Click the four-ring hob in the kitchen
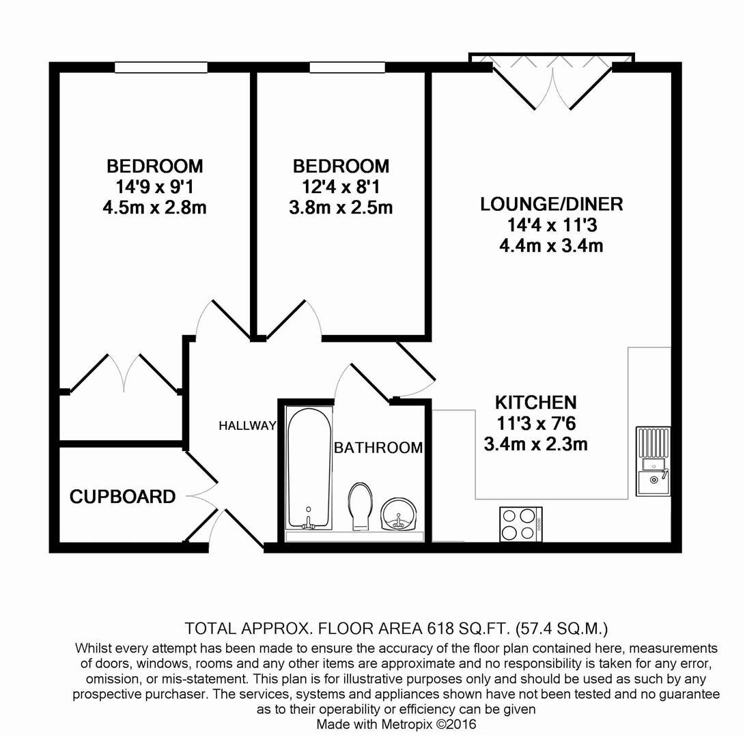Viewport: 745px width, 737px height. click(520, 524)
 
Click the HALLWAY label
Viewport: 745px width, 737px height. click(247, 426)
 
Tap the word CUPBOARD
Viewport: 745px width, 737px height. click(122, 497)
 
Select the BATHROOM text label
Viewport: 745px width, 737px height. click(378, 448)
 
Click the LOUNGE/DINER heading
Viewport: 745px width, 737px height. click(551, 204)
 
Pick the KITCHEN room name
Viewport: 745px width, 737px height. click(535, 402)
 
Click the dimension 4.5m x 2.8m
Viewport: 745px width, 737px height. click(154, 207)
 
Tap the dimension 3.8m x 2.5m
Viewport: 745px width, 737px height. click(341, 207)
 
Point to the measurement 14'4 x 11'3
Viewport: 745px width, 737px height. click(551, 225)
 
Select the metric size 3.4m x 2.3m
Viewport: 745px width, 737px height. click(535, 444)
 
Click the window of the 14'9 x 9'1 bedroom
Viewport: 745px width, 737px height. click(161, 67)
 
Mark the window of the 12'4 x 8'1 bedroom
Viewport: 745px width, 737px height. click(348, 67)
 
